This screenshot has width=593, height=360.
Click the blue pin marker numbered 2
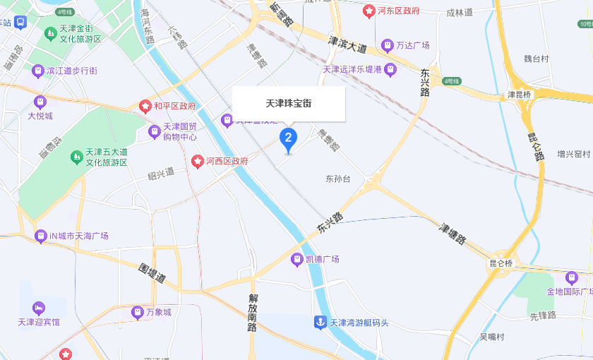pos(288,138)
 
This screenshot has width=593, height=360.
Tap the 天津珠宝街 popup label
pos(289,104)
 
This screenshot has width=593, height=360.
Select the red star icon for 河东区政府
pos(369,11)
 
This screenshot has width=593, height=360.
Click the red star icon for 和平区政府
pos(145,107)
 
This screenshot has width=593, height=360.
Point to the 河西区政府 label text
pos(227,161)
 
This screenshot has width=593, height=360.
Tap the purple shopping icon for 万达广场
pos(387,45)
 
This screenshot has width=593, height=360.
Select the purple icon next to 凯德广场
pos(297,259)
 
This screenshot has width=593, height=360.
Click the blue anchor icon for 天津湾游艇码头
pos(320,323)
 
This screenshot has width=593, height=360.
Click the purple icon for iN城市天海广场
pos(40,236)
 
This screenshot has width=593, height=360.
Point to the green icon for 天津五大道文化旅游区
pos(76,156)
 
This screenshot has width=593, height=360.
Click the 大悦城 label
pos(40,116)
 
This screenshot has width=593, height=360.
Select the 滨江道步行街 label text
pos(71,71)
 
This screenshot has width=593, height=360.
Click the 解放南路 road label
pos(253,315)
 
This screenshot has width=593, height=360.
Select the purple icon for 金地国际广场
pos(570,277)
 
